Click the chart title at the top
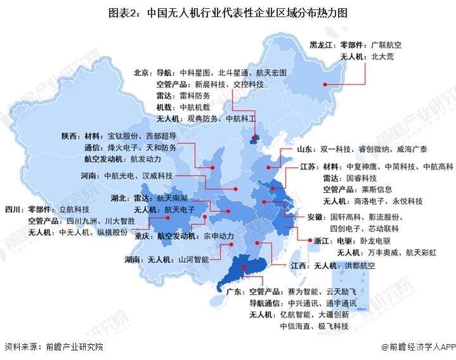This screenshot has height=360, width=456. pyautogui.click(x=228, y=11)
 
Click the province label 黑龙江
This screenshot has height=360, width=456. pyautogui.click(x=322, y=45)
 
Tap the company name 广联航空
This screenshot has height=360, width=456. pyautogui.click(x=387, y=45)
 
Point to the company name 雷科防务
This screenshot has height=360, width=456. pyautogui.click(x=195, y=96)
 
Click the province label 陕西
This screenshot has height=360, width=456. pyautogui.click(x=70, y=136)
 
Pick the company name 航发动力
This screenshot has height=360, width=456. pyautogui.click(x=146, y=158)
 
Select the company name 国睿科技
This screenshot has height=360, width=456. pyautogui.click(x=362, y=178)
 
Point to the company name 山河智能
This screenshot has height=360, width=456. pyautogui.click(x=194, y=260)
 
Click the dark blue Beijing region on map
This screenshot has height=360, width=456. pyautogui.click(x=255, y=139)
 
